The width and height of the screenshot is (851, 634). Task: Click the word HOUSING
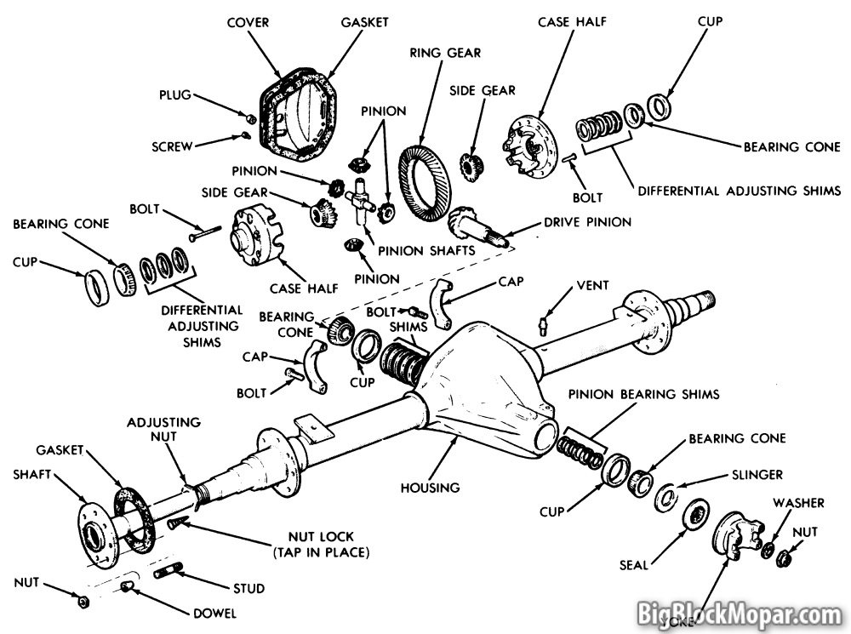[431, 488]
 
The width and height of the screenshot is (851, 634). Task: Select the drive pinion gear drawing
[477, 228]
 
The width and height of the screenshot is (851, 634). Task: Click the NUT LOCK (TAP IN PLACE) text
[320, 545]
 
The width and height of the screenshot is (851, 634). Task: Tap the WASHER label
[798, 503]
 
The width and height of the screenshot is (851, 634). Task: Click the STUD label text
[247, 588]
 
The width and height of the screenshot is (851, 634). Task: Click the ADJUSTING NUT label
[164, 430]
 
